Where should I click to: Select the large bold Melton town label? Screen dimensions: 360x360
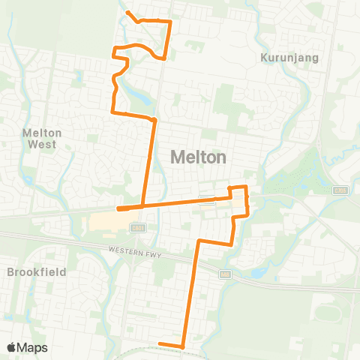(199, 157)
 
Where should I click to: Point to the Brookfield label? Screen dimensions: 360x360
(37, 271)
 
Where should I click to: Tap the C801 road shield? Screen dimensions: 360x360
(136, 227)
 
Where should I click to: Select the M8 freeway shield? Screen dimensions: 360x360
(225, 275)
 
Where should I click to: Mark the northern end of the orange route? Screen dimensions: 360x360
(127, 13)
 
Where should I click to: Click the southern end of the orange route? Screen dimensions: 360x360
(160, 344)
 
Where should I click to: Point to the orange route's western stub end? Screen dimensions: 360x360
(118, 209)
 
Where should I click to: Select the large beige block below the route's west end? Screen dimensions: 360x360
(112, 222)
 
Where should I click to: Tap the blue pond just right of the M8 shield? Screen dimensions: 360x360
(255, 273)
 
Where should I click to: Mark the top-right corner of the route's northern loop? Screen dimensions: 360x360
(171, 22)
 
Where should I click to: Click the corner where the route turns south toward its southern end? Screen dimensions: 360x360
(199, 241)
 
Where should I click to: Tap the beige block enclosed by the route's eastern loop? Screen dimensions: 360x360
(238, 202)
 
